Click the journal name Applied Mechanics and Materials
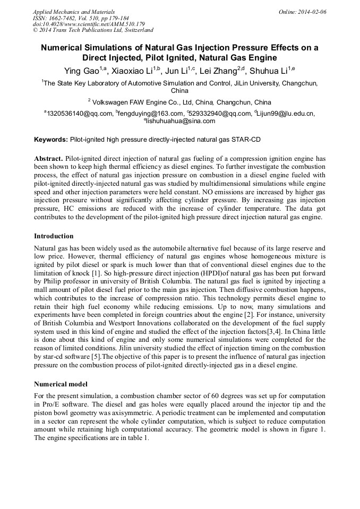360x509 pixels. (74, 12)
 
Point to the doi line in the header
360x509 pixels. (89, 24)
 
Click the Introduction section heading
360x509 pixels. (54, 236)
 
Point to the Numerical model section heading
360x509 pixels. (61, 384)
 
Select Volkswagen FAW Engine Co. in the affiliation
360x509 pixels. (135, 102)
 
